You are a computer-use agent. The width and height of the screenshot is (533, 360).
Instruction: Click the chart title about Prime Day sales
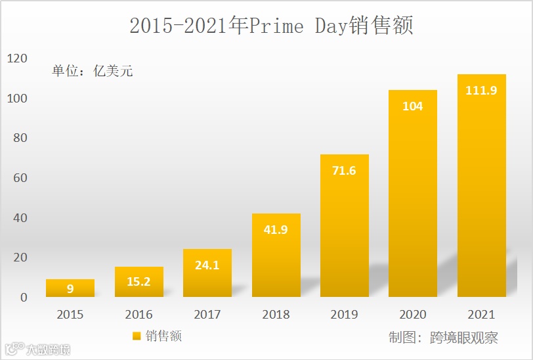(270, 26)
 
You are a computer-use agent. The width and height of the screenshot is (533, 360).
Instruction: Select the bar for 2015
(70, 288)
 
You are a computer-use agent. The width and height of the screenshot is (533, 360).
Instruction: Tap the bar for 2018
(276, 256)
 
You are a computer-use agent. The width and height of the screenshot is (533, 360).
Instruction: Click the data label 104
(412, 106)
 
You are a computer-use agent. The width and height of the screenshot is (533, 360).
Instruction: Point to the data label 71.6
(344, 171)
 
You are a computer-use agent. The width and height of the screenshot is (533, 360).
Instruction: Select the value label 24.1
(207, 265)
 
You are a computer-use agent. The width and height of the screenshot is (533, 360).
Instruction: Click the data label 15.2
(139, 282)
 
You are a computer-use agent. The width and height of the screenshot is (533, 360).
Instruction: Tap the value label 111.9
(481, 91)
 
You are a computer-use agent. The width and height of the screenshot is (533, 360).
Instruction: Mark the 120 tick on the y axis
(17, 58)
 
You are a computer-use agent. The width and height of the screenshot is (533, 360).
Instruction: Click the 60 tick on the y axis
(20, 178)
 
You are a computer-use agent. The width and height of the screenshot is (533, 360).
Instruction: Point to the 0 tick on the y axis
(24, 298)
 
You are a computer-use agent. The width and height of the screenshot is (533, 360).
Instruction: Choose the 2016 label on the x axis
(139, 315)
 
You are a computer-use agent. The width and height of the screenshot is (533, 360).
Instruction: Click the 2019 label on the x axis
(344, 315)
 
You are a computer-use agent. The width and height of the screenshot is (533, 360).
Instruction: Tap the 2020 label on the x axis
(412, 315)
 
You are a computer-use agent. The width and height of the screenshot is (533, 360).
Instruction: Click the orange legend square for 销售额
(137, 336)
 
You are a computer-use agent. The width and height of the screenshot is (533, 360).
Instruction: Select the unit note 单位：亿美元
(93, 71)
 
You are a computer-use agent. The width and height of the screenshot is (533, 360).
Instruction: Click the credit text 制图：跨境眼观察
(443, 338)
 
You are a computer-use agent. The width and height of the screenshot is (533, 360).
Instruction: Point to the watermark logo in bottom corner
(37, 349)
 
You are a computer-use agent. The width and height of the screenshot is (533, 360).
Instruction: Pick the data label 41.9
(276, 229)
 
